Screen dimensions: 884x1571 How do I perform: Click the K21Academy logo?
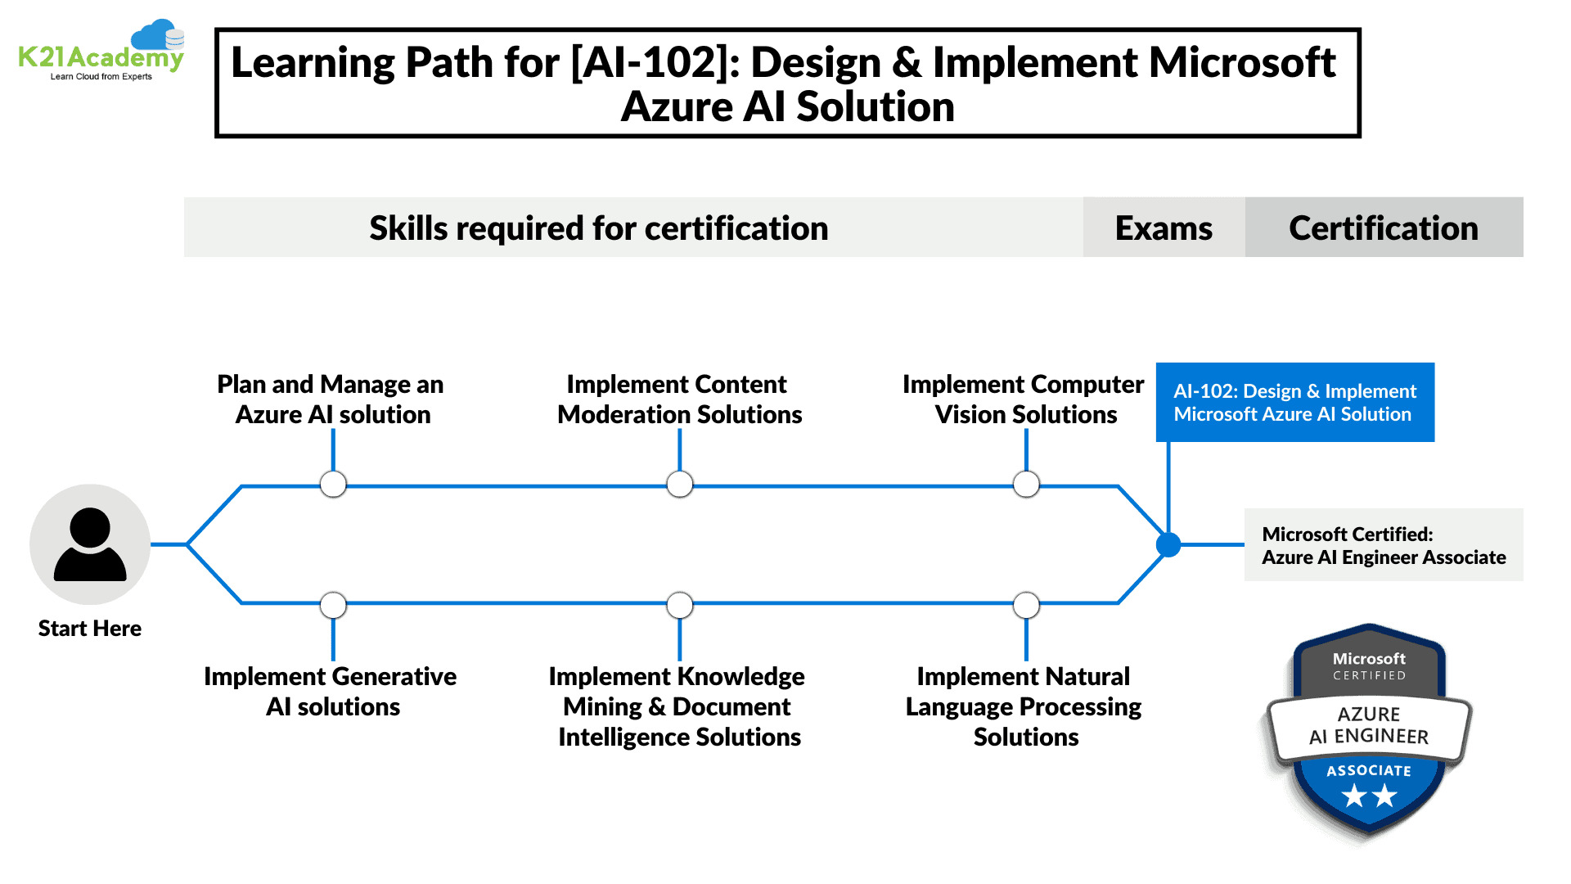[101, 52]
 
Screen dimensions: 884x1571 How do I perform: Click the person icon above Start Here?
[90, 544]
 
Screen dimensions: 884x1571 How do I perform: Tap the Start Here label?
[90, 629]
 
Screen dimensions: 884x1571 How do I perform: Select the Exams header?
[1164, 228]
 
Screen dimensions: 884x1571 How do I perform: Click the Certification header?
[1384, 228]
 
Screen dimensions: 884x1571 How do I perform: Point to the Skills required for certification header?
[599, 228]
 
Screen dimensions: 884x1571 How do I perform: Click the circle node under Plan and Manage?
[333, 485]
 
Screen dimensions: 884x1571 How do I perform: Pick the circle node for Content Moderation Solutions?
[680, 485]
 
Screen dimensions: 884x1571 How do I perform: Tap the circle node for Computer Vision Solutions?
[1026, 485]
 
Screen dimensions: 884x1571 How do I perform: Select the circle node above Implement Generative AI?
[333, 606]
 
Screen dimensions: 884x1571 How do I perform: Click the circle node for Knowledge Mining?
[680, 606]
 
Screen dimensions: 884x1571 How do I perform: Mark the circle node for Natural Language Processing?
[1026, 606]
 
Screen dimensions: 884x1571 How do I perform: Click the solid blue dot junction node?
[1168, 544]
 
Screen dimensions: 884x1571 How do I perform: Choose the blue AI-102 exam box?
[1294, 402]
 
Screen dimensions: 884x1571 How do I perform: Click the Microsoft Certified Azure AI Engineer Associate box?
[1384, 545]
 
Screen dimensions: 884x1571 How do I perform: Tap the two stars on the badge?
[1369, 795]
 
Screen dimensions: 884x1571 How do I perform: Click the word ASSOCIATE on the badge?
[1369, 771]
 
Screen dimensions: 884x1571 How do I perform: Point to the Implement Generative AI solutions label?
[331, 692]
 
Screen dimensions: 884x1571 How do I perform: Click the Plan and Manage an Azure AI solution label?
[331, 399]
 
